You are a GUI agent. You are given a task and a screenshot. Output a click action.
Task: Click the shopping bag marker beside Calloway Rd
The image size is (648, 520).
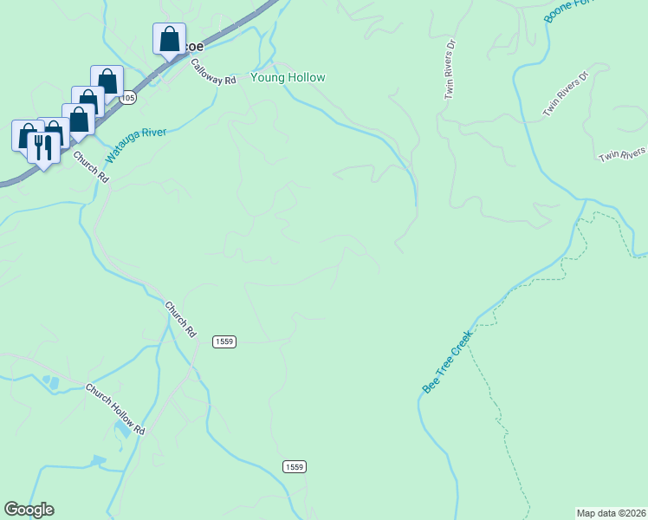169,39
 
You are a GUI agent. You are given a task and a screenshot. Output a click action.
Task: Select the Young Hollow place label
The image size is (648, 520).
288,78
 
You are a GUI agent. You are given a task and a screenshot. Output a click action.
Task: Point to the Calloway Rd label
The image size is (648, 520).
213,71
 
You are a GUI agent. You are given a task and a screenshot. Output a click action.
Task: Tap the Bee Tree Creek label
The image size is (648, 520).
448,361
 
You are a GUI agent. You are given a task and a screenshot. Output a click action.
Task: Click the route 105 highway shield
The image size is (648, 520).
128,98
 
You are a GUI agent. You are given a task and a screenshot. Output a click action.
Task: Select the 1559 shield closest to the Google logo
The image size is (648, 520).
294,467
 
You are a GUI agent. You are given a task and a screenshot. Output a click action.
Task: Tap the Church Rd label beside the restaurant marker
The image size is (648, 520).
91,166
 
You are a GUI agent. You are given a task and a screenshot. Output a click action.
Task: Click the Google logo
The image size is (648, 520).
29,510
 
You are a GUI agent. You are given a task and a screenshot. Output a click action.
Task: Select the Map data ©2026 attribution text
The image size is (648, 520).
611,512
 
